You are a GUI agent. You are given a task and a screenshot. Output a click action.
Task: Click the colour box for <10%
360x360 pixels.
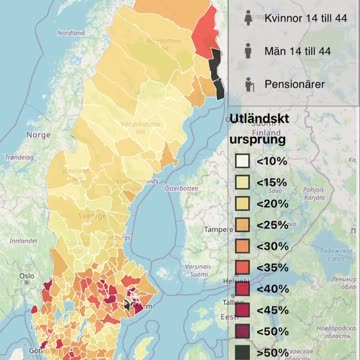click(242, 160)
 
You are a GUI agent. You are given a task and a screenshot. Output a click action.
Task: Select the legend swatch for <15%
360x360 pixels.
click(242, 182)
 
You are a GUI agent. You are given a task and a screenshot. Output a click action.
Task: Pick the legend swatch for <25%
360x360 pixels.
click(242, 225)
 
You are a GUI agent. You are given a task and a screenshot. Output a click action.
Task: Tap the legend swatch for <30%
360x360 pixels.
click(242, 246)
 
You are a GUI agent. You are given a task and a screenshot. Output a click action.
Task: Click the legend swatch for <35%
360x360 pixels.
click(242, 267)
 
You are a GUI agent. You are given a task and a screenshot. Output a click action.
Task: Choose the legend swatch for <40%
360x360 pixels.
click(242, 288)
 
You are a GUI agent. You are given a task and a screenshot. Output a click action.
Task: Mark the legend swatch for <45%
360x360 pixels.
click(242, 309)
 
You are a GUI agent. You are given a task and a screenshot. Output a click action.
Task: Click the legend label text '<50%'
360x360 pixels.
click(271, 330)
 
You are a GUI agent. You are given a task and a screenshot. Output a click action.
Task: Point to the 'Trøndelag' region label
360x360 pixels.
click(19, 157)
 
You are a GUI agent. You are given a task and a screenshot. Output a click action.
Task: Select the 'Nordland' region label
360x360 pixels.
click(71, 32)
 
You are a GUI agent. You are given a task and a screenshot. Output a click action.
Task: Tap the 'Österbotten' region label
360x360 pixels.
click(182, 187)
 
